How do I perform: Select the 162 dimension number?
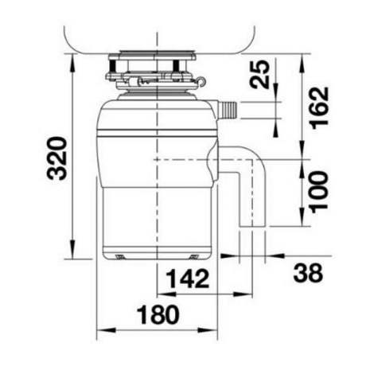(320, 108)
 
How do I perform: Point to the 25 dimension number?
(259, 74)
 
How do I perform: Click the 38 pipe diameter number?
(308, 273)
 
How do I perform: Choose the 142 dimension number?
(188, 279)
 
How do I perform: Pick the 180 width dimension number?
(158, 315)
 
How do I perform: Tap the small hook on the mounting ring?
(201, 81)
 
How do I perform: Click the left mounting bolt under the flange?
(112, 66)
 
